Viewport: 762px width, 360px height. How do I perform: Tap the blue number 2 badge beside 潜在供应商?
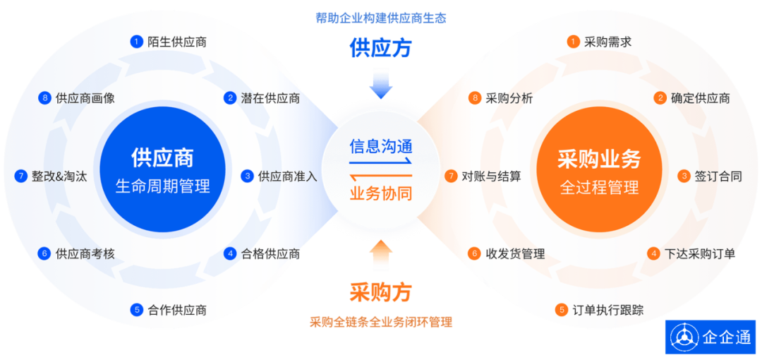tap(229, 98)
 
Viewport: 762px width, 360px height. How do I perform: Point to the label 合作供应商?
tap(177, 310)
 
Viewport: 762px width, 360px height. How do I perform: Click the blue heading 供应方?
tap(381, 47)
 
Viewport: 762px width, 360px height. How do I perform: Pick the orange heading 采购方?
tap(381, 292)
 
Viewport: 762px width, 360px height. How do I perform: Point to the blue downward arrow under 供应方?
tap(381, 83)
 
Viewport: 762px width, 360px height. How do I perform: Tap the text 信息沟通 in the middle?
tap(381, 146)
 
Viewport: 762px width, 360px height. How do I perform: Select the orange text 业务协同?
tap(381, 193)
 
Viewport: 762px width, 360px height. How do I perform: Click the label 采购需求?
tap(607, 42)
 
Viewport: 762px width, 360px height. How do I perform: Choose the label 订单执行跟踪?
tap(607, 310)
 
